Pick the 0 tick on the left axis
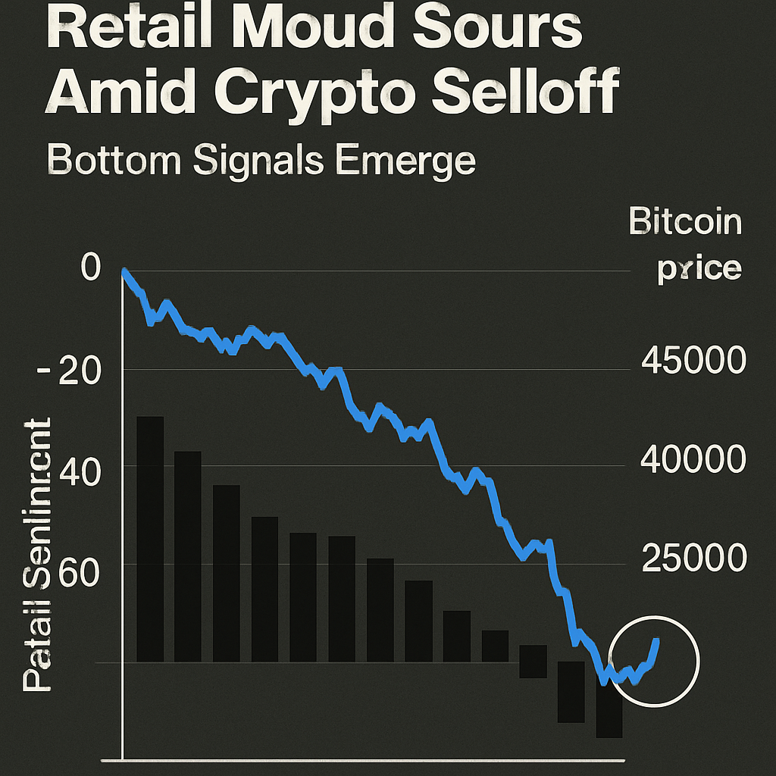coord(90,269)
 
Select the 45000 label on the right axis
coord(693,361)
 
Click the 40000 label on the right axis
coord(693,459)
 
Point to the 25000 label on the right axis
coord(693,559)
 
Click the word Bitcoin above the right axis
coord(685,223)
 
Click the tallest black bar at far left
coord(150,538)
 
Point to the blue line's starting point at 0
coord(124,271)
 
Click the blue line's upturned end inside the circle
coord(656,643)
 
